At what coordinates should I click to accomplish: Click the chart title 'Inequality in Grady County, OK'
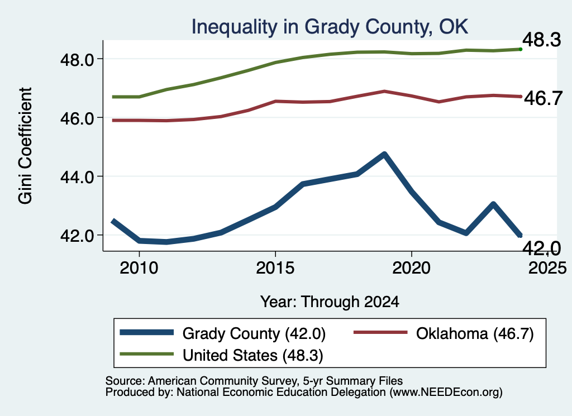pyautogui.click(x=330, y=27)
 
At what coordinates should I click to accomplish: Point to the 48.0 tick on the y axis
pyautogui.click(x=78, y=60)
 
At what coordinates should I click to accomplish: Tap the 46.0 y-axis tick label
pyautogui.click(x=78, y=118)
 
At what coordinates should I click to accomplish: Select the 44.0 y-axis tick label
pyautogui.click(x=78, y=177)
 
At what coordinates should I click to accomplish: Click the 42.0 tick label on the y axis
pyautogui.click(x=78, y=236)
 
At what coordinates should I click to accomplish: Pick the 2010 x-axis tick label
pyautogui.click(x=139, y=268)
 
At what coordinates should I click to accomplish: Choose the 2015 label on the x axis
pyautogui.click(x=275, y=268)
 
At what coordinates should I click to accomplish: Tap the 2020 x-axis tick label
pyautogui.click(x=412, y=268)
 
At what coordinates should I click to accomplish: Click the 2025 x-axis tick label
pyautogui.click(x=547, y=268)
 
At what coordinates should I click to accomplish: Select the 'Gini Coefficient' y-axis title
pyautogui.click(x=25, y=146)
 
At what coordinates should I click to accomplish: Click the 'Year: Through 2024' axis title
pyautogui.click(x=330, y=302)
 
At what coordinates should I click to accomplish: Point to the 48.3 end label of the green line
pyautogui.click(x=542, y=40)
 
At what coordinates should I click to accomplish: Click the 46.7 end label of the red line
pyautogui.click(x=543, y=98)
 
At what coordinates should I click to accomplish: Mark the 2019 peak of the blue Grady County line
pyautogui.click(x=384, y=155)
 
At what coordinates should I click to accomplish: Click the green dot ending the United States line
pyautogui.click(x=521, y=49)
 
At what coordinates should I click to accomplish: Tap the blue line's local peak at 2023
pyautogui.click(x=493, y=204)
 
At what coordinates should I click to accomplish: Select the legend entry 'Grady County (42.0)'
pyautogui.click(x=223, y=333)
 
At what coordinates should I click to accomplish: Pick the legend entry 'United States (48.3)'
pyautogui.click(x=221, y=355)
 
